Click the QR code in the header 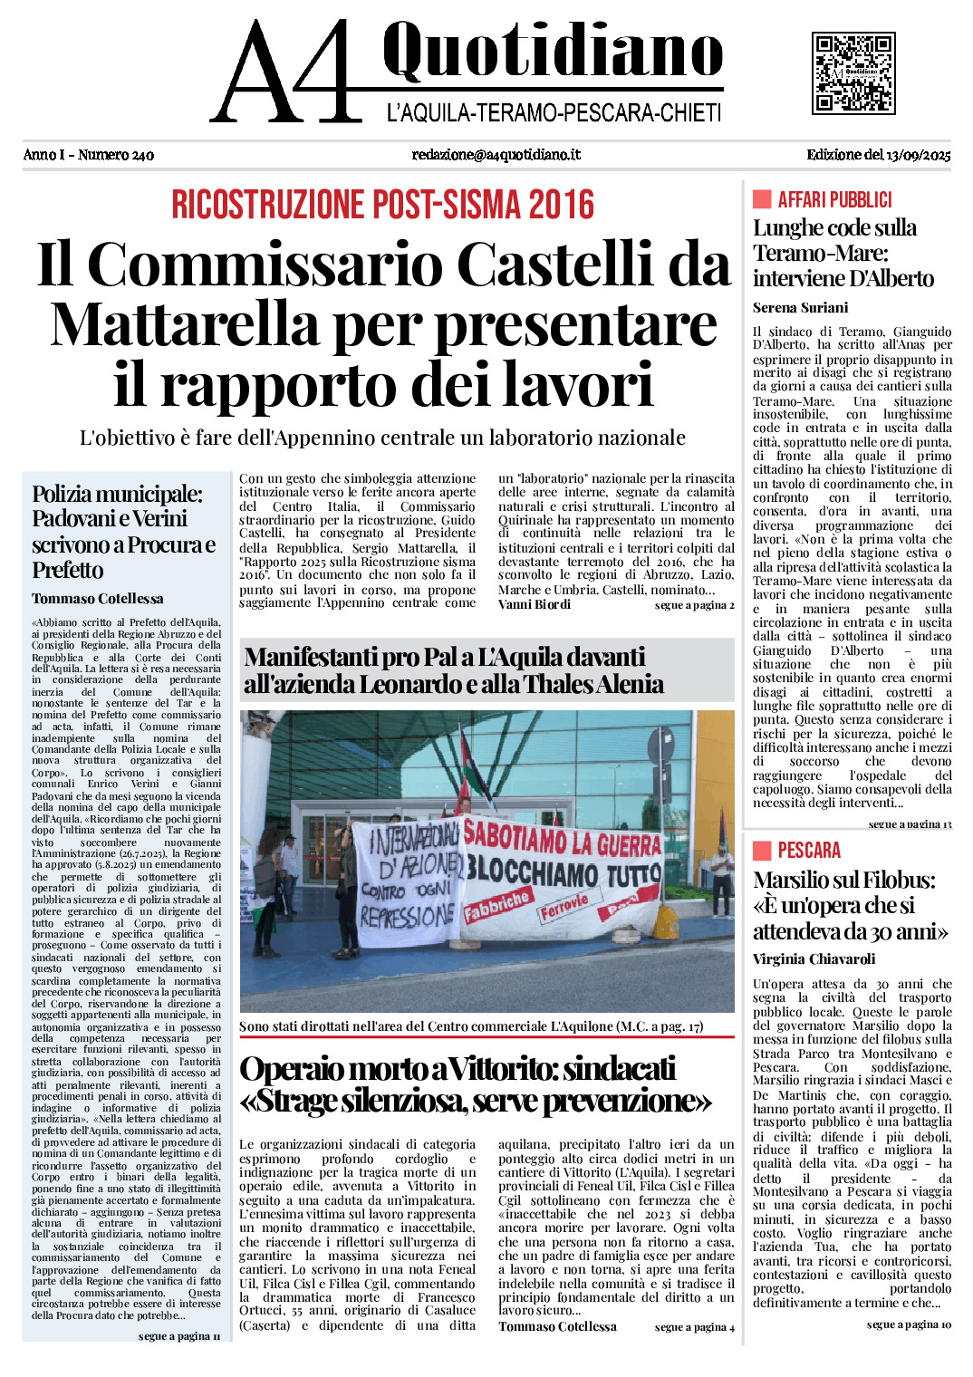point(853,73)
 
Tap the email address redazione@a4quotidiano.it point(496,155)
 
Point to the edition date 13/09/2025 point(919,155)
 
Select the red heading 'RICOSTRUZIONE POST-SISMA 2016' point(382,205)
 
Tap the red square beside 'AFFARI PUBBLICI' point(762,199)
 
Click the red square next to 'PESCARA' point(762,850)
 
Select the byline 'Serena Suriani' point(800,308)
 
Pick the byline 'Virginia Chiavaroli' point(814,959)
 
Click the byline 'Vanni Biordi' point(535,604)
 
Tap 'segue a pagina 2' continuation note point(694,605)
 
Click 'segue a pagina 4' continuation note point(694,1327)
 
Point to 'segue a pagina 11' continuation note point(179,1336)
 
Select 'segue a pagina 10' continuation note point(909,1324)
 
